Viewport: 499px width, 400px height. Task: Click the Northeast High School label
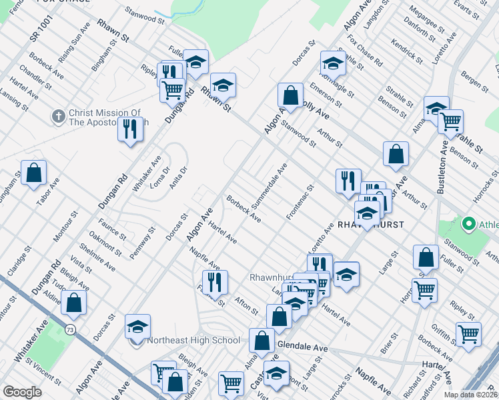tap(193, 341)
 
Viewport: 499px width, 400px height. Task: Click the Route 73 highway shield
tap(70, 329)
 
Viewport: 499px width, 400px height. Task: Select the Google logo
tap(22, 392)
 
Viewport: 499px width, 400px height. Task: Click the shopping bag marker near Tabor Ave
tap(33, 173)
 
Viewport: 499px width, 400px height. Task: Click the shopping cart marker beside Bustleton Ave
tap(451, 122)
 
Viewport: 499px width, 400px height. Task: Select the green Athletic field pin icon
tap(468, 224)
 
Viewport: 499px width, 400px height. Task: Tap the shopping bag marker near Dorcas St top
tap(290, 95)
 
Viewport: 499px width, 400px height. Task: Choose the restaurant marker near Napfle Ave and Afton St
tap(215, 282)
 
